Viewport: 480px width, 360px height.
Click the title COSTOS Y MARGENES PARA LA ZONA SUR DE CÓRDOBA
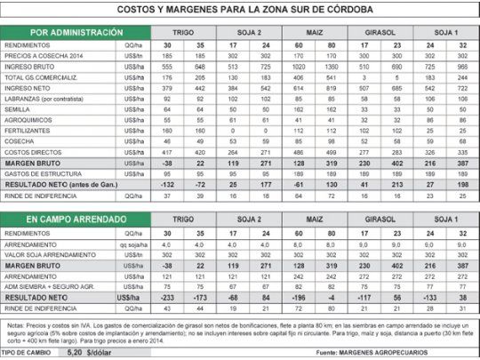pos(239,11)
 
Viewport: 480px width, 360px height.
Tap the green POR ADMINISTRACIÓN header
pos(76,33)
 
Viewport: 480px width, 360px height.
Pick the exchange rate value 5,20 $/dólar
pos(95,353)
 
